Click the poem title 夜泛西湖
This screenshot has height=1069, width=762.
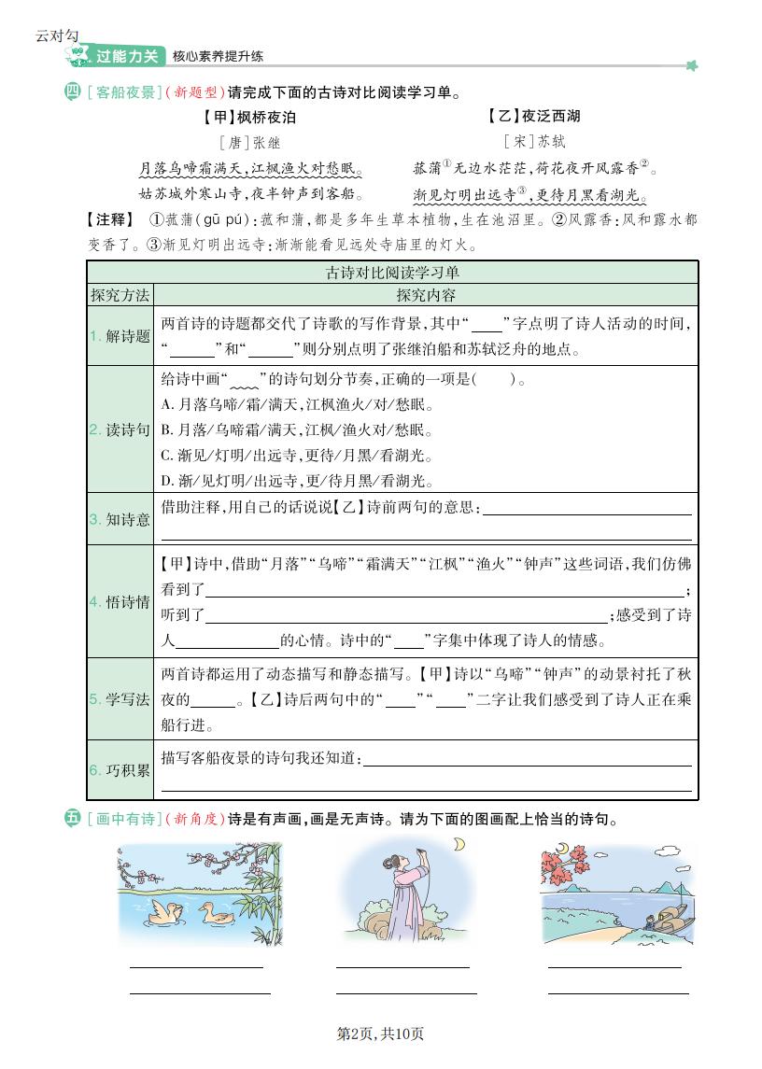coord(551,116)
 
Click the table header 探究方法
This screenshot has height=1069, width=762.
coord(120,295)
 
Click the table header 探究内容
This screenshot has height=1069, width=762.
coord(426,295)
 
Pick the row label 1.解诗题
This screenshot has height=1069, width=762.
coord(120,336)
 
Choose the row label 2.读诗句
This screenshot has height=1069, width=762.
coord(120,429)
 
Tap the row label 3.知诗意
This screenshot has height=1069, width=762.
coord(120,519)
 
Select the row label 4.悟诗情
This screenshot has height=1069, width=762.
coord(120,602)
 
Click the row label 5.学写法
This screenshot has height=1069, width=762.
coord(120,699)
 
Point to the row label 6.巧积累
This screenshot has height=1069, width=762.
coord(120,770)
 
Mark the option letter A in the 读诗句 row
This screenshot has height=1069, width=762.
coord(166,405)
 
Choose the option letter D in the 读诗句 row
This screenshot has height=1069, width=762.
coord(166,481)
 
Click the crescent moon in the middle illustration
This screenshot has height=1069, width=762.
coord(459,845)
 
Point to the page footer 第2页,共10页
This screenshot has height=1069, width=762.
coord(380,1034)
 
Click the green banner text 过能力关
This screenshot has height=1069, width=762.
coord(127,56)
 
